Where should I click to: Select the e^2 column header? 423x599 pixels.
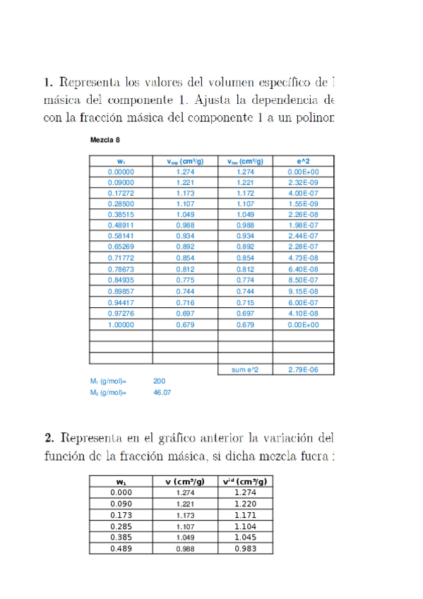(304, 162)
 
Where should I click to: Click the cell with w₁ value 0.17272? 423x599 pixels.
(121, 193)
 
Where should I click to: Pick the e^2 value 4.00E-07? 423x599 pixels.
(304, 193)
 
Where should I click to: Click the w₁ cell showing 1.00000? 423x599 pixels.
(121, 325)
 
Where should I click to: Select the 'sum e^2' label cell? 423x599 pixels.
(245, 369)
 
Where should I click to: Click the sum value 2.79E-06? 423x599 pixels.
(304, 369)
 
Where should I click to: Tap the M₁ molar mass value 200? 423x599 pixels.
(159, 381)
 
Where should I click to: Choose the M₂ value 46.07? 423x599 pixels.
(162, 392)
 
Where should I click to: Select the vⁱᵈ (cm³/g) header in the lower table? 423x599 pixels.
(244, 482)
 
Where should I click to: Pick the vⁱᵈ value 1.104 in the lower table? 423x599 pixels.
(244, 526)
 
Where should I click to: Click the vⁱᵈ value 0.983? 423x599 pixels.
(244, 549)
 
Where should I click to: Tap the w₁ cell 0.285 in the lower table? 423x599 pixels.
(121, 526)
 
